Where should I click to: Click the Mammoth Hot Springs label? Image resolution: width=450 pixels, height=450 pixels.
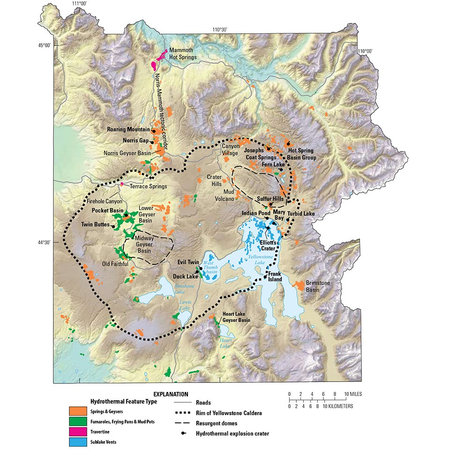tap(183, 53)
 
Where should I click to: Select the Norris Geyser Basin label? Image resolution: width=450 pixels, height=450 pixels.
tap(130, 152)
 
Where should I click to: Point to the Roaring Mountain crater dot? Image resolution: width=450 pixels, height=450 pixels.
tap(153, 130)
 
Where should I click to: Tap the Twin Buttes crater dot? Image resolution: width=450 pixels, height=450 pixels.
tap(113, 225)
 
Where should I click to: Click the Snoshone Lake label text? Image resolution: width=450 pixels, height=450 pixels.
tap(169, 286)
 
